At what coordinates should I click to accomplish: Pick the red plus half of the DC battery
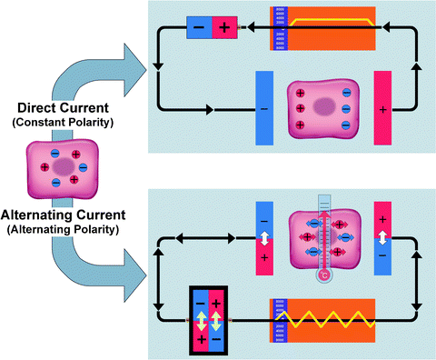coord(224,28)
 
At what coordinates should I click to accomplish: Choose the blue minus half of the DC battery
coord(198,28)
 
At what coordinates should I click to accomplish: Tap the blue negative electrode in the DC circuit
coord(264,109)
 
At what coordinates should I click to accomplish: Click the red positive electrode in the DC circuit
coord(382,109)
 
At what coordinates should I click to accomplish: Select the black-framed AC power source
coord(209,319)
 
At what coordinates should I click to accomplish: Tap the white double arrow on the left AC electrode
coord(264,237)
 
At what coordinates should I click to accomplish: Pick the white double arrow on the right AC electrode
coord(382,237)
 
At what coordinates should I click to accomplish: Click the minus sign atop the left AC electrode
coord(264,219)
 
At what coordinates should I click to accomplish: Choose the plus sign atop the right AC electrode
coord(382,219)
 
